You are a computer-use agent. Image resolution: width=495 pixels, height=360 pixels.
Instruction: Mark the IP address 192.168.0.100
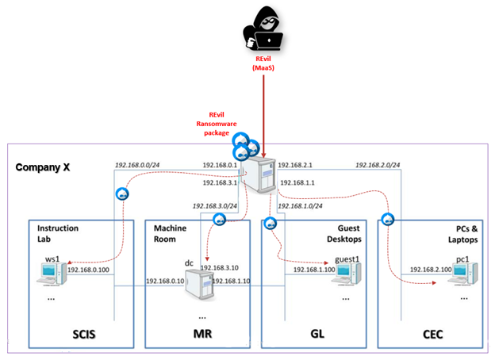click(89, 270)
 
